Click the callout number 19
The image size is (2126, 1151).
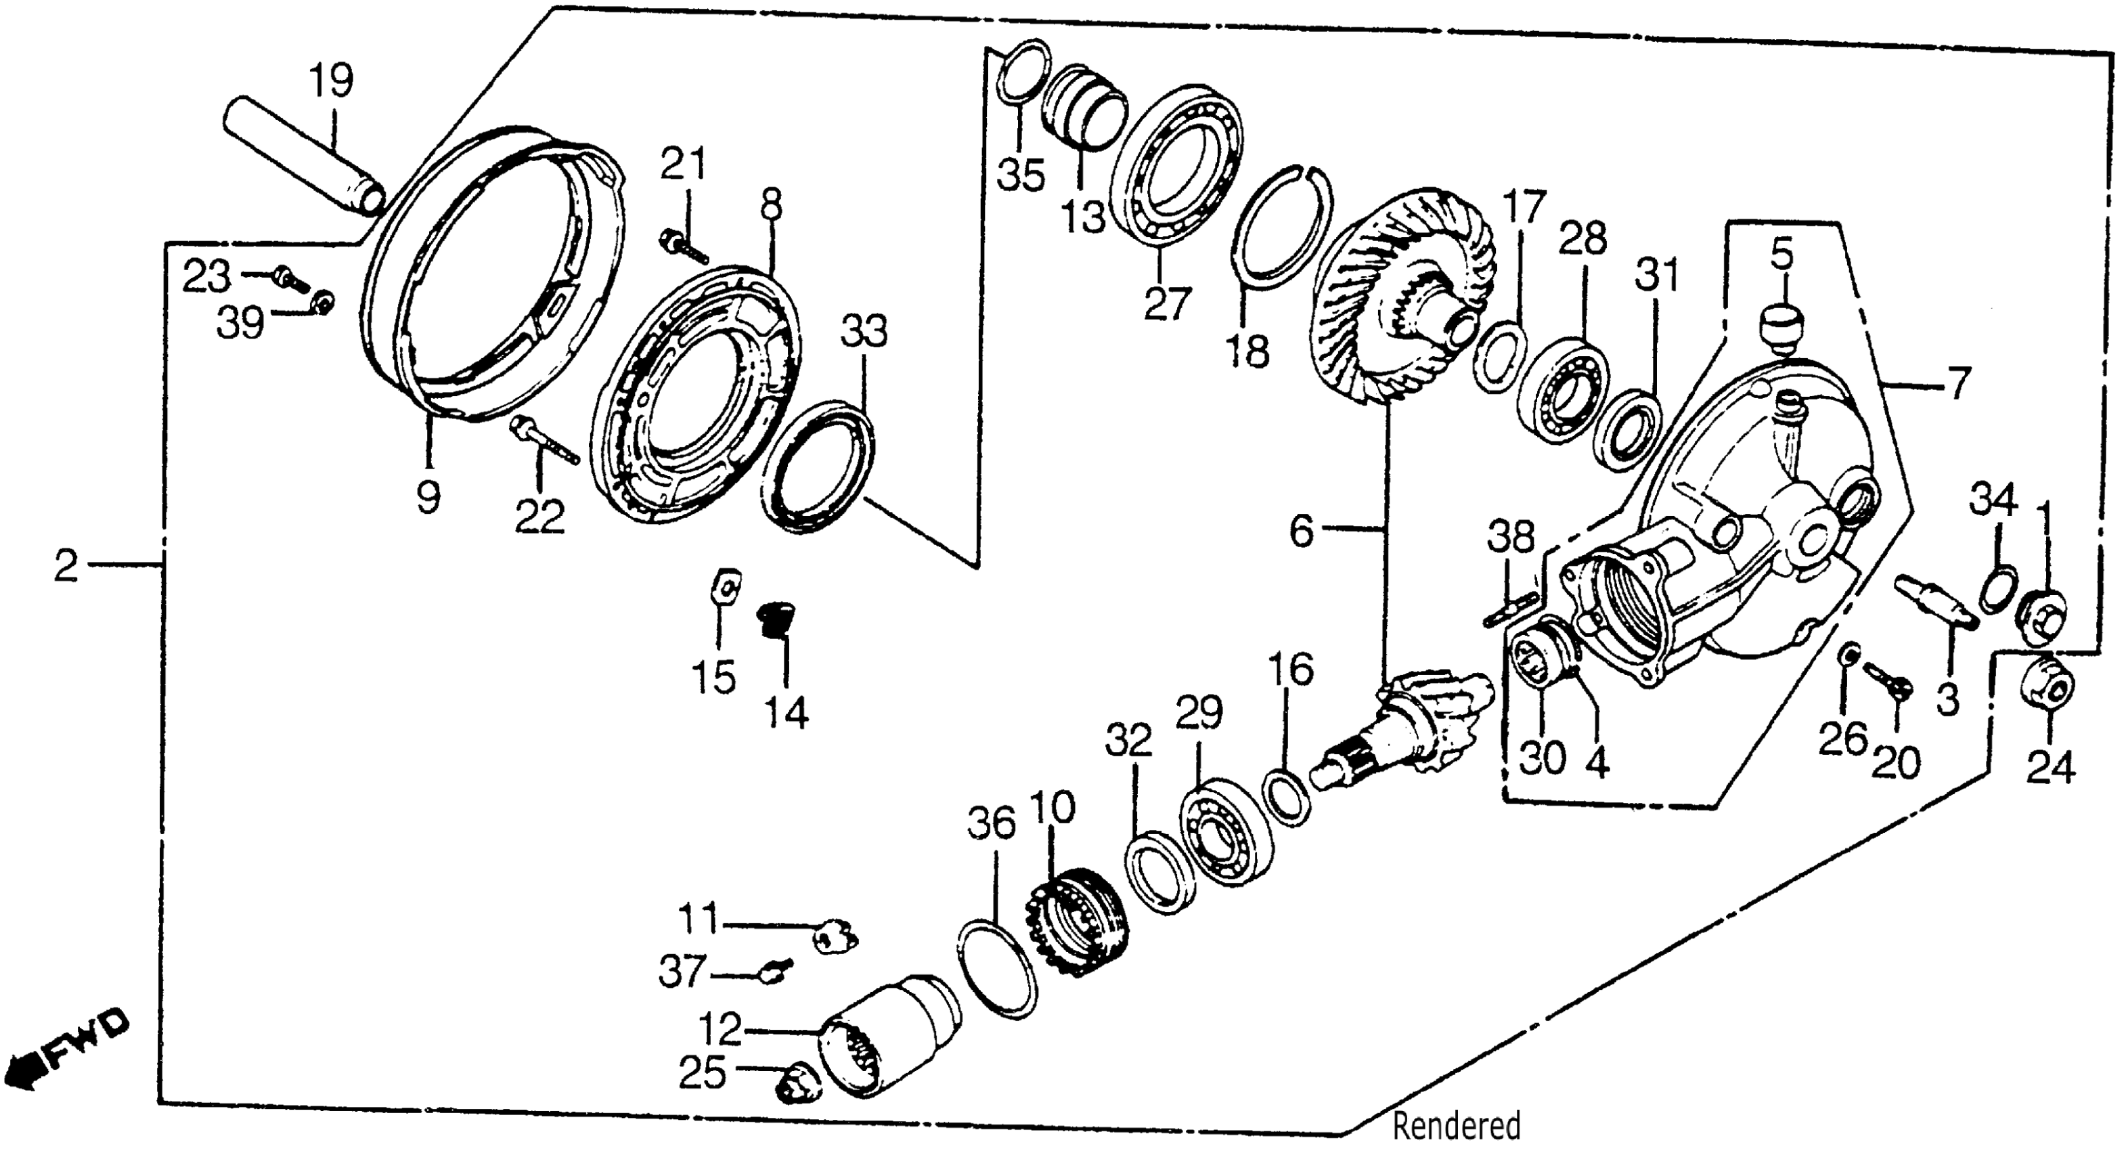(x=332, y=80)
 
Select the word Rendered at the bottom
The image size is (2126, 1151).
(x=1456, y=1125)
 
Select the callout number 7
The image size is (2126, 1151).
(x=1957, y=384)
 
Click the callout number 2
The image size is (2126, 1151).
(x=66, y=567)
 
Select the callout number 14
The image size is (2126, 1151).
(x=785, y=712)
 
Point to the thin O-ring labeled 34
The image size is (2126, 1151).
(x=1997, y=590)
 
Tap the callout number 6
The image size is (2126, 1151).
(x=1302, y=531)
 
